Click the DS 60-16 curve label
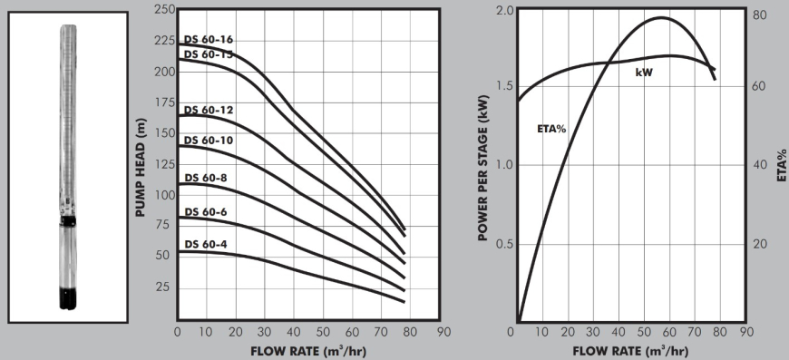pyautogui.click(x=209, y=40)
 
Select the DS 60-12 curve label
pyautogui.click(x=209, y=110)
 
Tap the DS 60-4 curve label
pyautogui.click(x=206, y=244)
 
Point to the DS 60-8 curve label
pyautogui.click(x=206, y=178)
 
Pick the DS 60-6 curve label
pyautogui.click(x=206, y=212)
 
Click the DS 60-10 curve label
pyautogui.click(x=209, y=141)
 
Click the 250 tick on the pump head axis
pyautogui.click(x=164, y=9)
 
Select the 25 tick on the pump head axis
pyautogui.click(x=167, y=287)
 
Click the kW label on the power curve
pyautogui.click(x=644, y=71)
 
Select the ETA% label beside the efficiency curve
pyautogui.click(x=551, y=129)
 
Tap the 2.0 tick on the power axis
pyautogui.click(x=504, y=11)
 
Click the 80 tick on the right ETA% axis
pyautogui.click(x=760, y=15)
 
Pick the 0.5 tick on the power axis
pyautogui.click(x=504, y=245)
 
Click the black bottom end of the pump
pyautogui.click(x=69, y=297)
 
